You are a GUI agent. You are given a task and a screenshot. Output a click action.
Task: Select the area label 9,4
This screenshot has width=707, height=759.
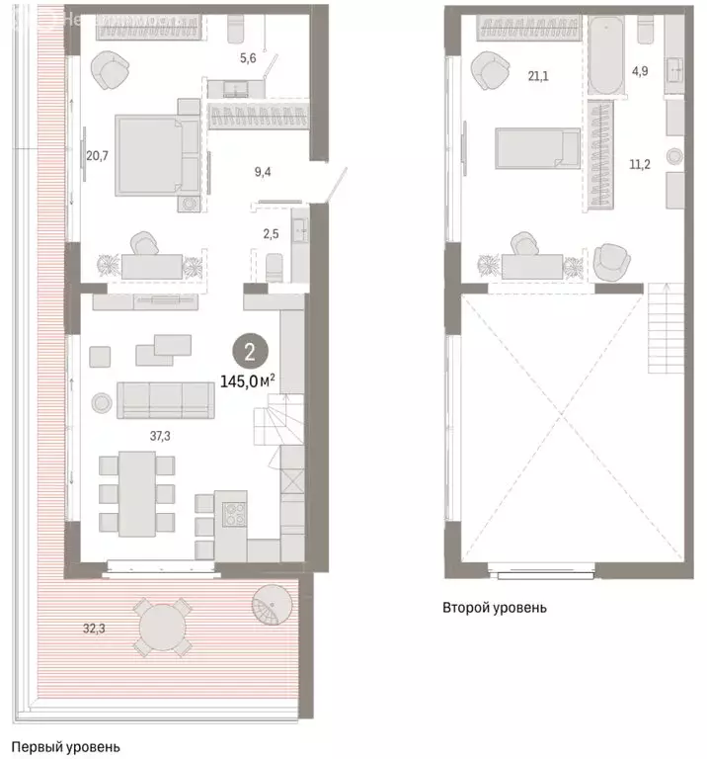pos(263,171)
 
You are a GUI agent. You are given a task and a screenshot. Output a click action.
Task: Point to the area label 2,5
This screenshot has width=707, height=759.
pos(269,232)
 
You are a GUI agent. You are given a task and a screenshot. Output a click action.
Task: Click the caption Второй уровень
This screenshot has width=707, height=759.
pos(494,608)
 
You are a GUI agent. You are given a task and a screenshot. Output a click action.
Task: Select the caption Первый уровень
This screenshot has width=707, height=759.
pos(65,748)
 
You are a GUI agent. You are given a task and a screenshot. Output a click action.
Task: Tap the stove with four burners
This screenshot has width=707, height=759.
pos(234,516)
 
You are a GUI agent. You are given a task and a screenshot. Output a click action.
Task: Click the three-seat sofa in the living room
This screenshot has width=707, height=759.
pos(166,399)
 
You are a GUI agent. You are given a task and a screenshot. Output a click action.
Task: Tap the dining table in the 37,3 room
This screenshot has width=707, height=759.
pos(137,492)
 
